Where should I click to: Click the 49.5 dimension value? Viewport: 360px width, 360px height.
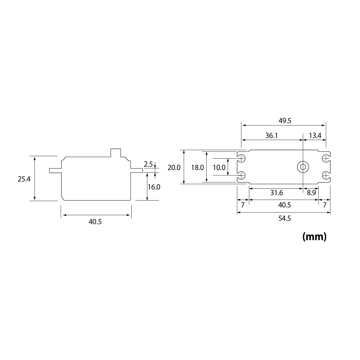click(284, 121)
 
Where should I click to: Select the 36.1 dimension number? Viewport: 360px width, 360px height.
click(271, 135)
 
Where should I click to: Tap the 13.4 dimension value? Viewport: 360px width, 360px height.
click(315, 135)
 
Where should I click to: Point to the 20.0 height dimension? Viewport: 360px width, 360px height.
click(174, 167)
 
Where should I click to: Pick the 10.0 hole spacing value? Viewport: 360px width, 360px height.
click(219, 167)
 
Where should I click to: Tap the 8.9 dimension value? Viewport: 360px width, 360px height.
click(311, 193)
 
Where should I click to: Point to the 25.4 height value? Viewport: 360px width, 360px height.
click(24, 178)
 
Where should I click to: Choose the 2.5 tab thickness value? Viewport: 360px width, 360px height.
click(148, 164)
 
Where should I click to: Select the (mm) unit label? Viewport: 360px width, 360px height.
click(314, 237)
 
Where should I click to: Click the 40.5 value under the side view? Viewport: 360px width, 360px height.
click(95, 222)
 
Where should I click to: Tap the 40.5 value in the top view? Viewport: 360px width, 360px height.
click(284, 205)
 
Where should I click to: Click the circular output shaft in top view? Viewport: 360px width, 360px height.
click(303, 167)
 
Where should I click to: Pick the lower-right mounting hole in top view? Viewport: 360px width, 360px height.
click(325, 175)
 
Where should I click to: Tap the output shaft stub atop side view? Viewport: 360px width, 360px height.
click(115, 152)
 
